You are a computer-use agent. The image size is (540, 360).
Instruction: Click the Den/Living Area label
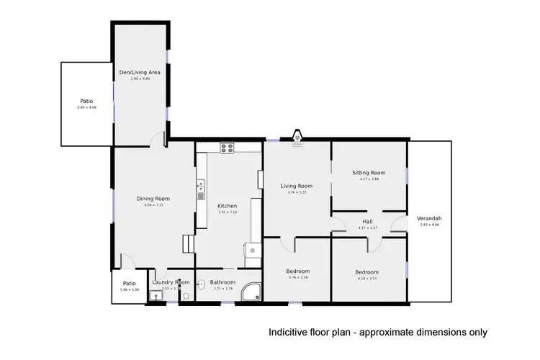140,72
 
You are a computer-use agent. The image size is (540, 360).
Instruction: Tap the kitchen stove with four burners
228,148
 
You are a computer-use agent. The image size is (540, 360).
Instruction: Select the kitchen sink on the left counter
200,191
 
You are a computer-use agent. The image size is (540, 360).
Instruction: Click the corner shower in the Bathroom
252,291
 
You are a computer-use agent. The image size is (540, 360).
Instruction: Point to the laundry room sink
155,295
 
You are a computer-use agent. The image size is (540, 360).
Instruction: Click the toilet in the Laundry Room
186,295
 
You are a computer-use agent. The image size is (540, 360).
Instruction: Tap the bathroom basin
201,283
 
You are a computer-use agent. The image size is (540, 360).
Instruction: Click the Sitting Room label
369,173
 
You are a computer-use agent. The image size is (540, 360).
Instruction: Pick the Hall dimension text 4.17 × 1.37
368,228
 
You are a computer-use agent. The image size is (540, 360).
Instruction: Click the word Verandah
429,218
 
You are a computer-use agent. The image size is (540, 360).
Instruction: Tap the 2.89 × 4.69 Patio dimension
86,107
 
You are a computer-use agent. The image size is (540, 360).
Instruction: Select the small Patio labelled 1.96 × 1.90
130,286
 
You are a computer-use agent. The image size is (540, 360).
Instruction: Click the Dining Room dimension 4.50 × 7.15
153,205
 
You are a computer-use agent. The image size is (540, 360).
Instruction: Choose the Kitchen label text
227,207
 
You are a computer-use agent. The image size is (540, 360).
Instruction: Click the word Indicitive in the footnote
288,333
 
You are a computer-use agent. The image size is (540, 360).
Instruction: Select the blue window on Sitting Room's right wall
408,176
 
